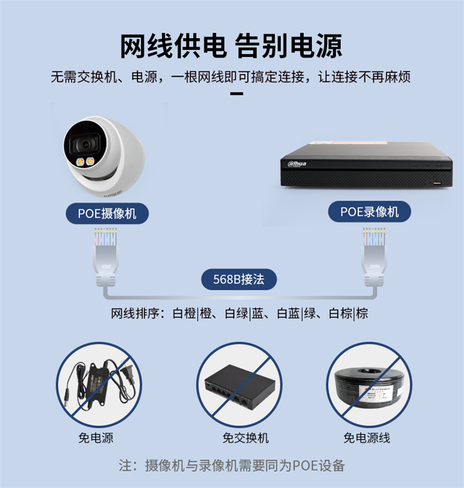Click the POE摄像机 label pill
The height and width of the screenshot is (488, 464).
coord(107,214)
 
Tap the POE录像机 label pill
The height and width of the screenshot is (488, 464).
coord(369,212)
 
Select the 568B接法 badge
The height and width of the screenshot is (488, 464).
coord(239,279)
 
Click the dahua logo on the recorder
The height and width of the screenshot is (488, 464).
coord(297,163)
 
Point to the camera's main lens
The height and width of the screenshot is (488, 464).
coord(85,144)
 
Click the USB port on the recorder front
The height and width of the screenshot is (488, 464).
coord(437,183)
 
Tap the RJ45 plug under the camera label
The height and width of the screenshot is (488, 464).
coord(106,258)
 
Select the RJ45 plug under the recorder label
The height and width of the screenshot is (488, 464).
coord(374,258)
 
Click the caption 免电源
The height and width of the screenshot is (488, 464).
coord(96,438)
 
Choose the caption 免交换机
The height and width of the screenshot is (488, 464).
coord(246,438)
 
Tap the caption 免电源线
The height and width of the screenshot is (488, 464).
coord(367,438)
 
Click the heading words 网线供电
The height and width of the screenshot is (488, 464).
coord(173,46)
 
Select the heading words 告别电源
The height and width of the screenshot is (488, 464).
coord(288,46)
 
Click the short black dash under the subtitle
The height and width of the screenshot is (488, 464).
coord(236,94)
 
